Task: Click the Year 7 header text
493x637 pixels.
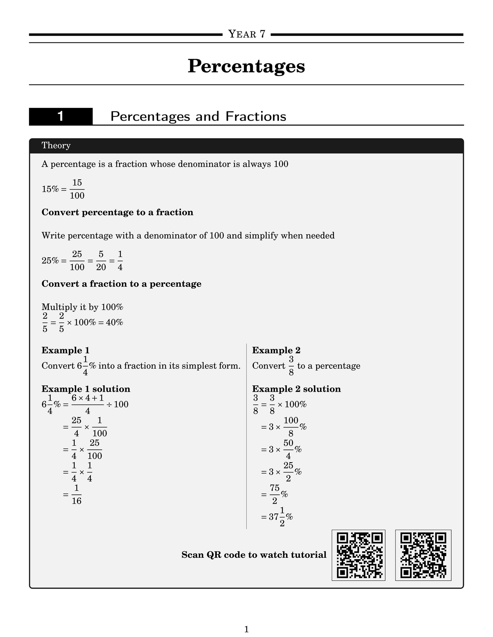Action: click(x=247, y=34)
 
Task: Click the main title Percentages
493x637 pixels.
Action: click(x=246, y=66)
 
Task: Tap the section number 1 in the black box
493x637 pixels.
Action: click(x=61, y=116)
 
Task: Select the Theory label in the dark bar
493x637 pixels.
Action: click(x=56, y=145)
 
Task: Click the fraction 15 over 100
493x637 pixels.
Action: click(x=77, y=189)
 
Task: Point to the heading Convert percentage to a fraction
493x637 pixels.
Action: click(x=117, y=212)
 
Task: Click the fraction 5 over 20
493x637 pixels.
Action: click(x=101, y=260)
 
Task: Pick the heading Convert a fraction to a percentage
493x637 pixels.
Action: click(x=121, y=284)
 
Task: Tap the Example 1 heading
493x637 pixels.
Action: click(x=66, y=350)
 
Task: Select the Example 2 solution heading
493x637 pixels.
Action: click(x=296, y=389)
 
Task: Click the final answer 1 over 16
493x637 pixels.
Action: click(x=77, y=494)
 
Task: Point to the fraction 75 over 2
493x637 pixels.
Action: click(x=275, y=494)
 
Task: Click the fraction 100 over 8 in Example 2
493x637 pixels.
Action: click(x=291, y=427)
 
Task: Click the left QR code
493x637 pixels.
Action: click(x=358, y=555)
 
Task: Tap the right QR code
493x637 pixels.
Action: click(x=423, y=555)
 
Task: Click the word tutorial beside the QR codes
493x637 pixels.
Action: click(x=310, y=555)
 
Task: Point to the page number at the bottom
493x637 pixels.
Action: click(x=247, y=619)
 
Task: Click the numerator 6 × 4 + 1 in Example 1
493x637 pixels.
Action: click(x=88, y=398)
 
